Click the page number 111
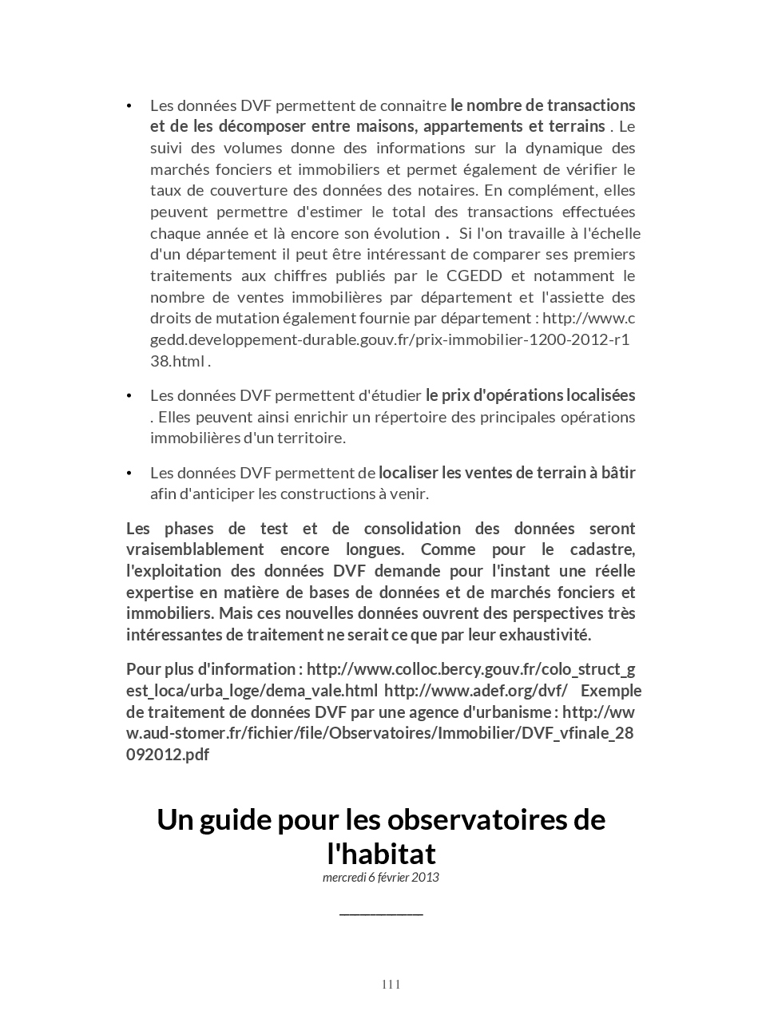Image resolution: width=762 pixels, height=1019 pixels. pos(391,984)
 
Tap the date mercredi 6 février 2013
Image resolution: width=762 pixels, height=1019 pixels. pos(381,877)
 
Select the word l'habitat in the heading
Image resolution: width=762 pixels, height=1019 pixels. pos(381,854)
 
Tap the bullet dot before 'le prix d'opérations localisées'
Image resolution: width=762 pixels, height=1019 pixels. pos(129,396)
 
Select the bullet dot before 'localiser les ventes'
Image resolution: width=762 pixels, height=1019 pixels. pos(129,474)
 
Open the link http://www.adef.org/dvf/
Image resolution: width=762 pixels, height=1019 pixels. pos(476,690)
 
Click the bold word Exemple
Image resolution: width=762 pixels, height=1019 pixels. pos(611,690)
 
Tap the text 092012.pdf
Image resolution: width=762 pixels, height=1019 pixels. pos(168,755)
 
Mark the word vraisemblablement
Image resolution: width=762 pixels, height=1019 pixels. pos(195,549)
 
